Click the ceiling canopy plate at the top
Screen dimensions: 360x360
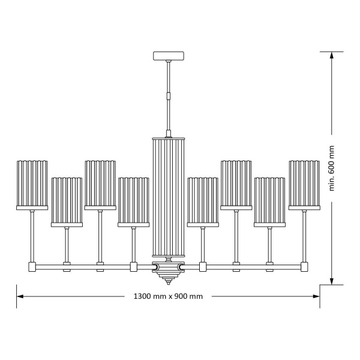(x=169, y=56)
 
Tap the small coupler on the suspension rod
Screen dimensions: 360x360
(x=169, y=95)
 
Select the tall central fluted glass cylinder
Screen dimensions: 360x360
(x=169, y=198)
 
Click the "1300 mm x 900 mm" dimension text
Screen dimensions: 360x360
(x=168, y=296)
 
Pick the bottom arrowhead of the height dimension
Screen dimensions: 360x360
(x=331, y=281)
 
